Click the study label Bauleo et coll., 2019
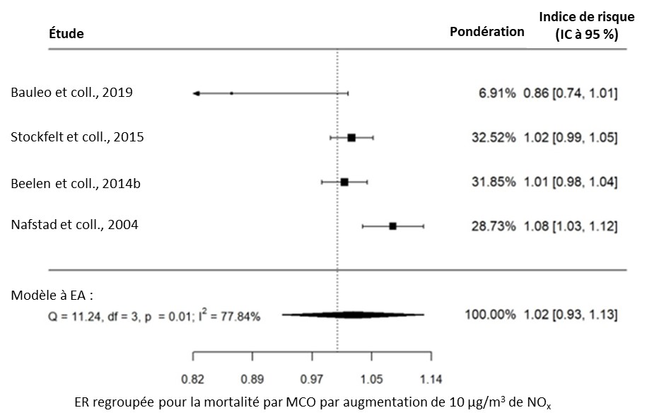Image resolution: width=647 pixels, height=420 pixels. coord(71,93)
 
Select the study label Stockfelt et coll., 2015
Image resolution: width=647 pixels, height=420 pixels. coord(77,137)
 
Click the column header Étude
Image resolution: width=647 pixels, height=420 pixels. coord(66,34)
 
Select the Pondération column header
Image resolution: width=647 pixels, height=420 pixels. coord(487,32)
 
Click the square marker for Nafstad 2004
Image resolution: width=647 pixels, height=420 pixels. coord(392,226)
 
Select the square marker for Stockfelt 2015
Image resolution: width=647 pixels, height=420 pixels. coord(351,138)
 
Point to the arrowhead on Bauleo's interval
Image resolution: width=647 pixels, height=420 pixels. coord(197,93)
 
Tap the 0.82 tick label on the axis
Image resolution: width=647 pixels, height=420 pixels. coord(193,378)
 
